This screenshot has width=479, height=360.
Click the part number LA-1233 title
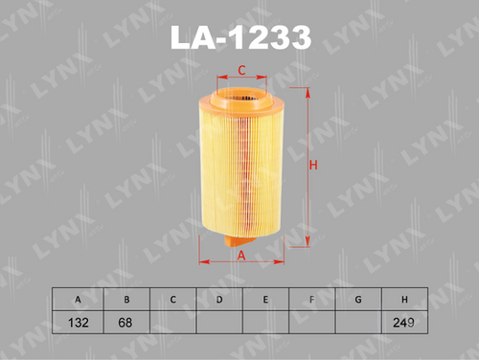pos(240,37)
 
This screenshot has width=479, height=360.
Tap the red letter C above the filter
pos(242,70)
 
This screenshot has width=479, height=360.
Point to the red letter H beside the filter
pos(313,166)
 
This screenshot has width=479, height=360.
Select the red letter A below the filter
pos(241,256)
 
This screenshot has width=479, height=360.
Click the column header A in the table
pos(78,300)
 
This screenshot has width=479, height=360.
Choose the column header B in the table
pos(126,300)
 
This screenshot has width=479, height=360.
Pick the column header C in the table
pos(172,300)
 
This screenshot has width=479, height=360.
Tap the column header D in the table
pos(219,300)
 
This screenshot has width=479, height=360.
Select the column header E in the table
pos(265,300)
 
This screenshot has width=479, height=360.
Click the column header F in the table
pos(312,300)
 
